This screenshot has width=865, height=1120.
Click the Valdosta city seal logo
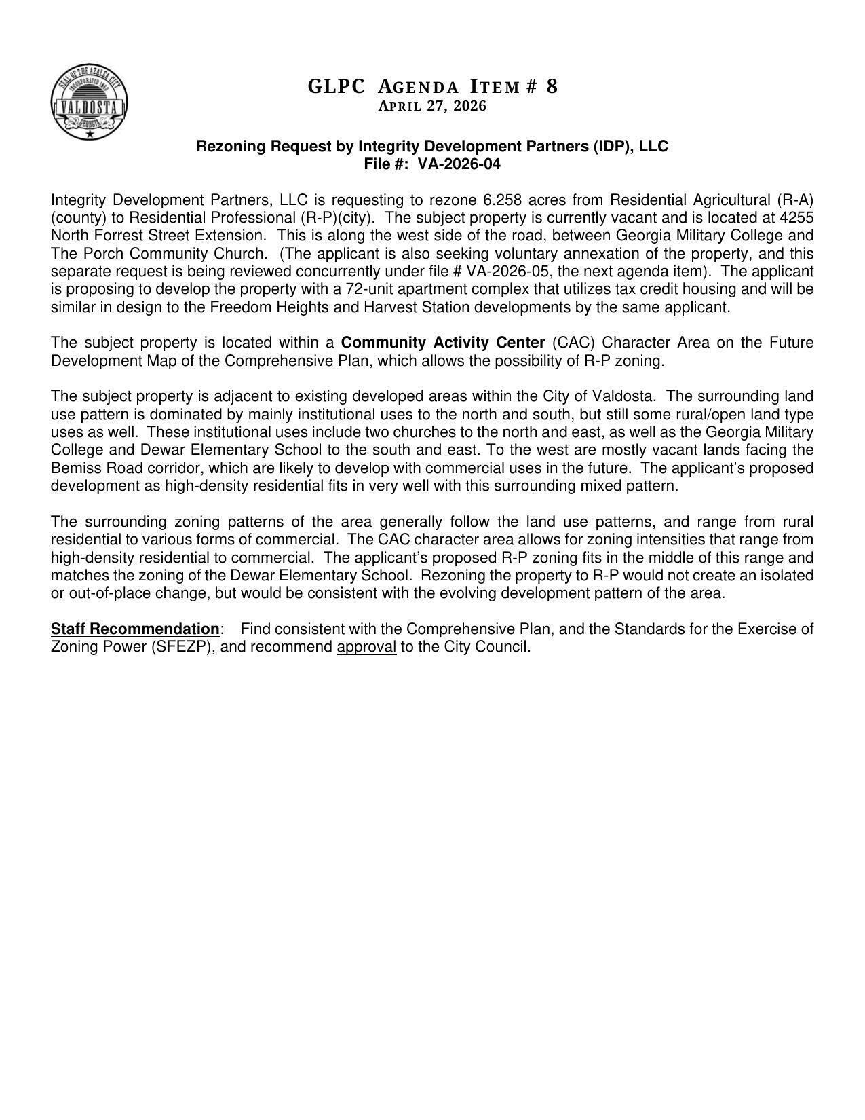(89, 102)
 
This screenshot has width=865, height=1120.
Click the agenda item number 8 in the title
(552, 87)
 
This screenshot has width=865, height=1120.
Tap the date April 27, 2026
(432, 107)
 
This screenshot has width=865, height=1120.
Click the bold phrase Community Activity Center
(443, 343)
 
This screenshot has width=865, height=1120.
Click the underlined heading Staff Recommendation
(135, 629)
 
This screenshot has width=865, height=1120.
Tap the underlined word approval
(366, 647)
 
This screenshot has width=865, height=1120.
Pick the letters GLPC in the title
(336, 87)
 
